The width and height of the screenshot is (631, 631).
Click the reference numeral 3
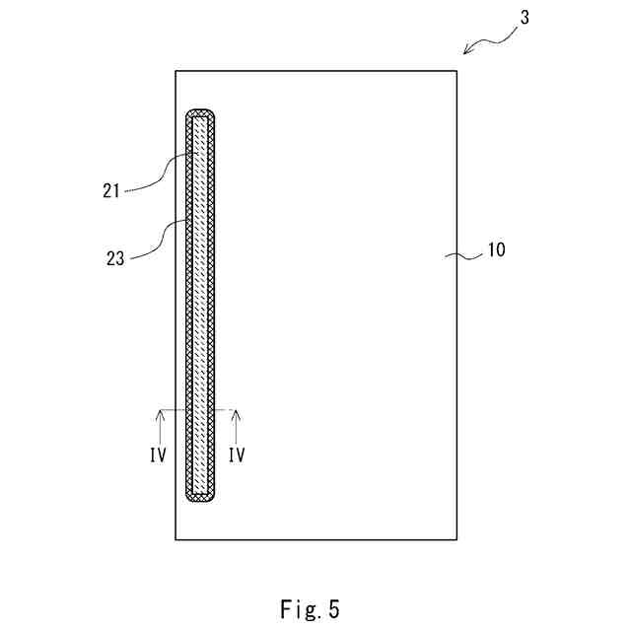coord(526,19)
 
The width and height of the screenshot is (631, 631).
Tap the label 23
coord(115,258)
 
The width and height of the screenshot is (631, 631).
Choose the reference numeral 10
coord(495,250)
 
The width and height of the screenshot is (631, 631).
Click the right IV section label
coord(236,456)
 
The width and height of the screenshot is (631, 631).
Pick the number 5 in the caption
coord(334,608)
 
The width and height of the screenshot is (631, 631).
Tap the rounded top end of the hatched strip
coord(201,112)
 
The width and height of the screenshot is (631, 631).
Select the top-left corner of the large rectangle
coord(175,71)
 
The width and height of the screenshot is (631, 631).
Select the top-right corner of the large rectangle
coord(457,71)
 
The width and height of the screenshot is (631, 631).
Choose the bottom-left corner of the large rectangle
coord(175,539)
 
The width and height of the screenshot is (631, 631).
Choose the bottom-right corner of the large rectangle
coord(457,539)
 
